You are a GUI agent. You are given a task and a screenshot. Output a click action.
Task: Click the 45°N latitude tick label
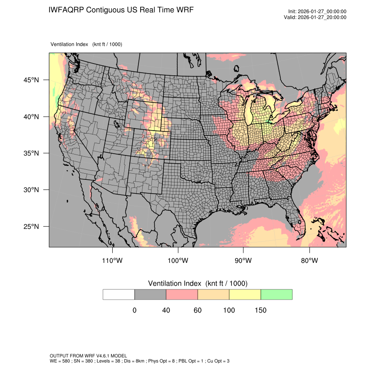(31, 80)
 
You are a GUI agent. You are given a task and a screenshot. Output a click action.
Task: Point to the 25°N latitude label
(31, 226)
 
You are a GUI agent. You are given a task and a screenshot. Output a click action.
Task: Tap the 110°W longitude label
(113, 261)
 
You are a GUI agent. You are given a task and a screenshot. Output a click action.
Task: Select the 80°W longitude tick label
(309, 261)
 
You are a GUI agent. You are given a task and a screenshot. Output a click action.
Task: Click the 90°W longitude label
(244, 261)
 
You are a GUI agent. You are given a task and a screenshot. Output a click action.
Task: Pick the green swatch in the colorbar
(276, 294)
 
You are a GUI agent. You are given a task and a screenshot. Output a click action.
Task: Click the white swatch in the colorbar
(119, 294)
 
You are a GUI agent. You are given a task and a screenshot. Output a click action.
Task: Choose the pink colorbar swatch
(182, 294)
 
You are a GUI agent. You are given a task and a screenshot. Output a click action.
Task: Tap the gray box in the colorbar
(150, 294)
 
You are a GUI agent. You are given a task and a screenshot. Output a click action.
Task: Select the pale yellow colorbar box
(245, 294)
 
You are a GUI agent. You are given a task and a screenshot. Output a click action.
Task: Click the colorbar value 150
(261, 310)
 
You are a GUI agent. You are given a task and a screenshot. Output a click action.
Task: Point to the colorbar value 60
(198, 310)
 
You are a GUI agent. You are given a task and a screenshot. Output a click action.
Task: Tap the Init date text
(317, 11)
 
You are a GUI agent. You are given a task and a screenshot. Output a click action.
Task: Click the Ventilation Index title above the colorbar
(198, 283)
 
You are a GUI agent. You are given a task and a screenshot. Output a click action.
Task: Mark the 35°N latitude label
(31, 153)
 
